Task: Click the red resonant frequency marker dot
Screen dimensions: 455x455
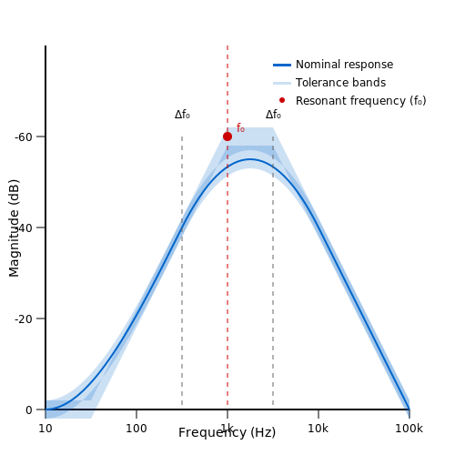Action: (227, 136)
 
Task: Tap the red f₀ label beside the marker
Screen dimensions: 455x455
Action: (240, 128)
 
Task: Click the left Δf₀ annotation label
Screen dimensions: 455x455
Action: (182, 115)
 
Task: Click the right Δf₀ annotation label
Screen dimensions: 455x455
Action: (273, 115)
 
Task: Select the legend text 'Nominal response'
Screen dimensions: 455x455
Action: (344, 65)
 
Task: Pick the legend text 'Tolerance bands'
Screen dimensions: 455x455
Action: (340, 83)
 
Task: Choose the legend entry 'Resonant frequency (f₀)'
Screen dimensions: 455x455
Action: (361, 101)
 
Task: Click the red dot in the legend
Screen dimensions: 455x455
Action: (282, 100)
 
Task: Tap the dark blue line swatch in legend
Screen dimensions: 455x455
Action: (282, 65)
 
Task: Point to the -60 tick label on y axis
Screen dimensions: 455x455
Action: (24, 137)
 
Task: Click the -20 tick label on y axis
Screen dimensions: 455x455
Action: (24, 319)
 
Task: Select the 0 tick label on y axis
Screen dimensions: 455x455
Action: (29, 410)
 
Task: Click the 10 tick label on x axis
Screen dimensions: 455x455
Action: (45, 429)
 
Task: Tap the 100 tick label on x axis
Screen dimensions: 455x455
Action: (136, 429)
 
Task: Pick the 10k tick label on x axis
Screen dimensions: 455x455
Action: (318, 429)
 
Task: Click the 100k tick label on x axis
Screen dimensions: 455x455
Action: (409, 429)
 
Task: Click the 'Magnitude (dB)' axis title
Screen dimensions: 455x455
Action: (14, 228)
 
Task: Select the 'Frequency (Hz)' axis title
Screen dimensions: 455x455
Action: (227, 433)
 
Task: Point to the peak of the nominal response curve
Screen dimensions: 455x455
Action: (249, 159)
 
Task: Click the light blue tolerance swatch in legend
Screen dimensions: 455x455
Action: (282, 83)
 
